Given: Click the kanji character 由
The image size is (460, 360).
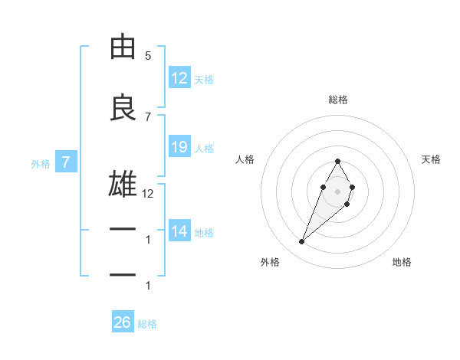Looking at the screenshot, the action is pyautogui.click(x=123, y=47).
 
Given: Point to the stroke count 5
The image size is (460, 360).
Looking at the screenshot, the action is pyautogui.click(x=148, y=56).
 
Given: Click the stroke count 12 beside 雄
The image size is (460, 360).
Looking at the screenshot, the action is pyautogui.click(x=148, y=194).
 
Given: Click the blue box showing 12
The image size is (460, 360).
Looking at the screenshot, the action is pyautogui.click(x=179, y=78).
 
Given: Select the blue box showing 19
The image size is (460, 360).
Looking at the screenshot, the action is pyautogui.click(x=179, y=147).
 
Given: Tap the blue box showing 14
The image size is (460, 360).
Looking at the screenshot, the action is pyautogui.click(x=179, y=232).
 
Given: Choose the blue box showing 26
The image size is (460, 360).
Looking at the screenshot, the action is pyautogui.click(x=123, y=322).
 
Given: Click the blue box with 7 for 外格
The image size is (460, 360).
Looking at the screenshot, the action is pyautogui.click(x=66, y=162).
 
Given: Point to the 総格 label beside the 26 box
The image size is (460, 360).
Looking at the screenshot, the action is pyautogui.click(x=147, y=324).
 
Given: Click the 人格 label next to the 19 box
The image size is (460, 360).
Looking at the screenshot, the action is pyautogui.click(x=205, y=149).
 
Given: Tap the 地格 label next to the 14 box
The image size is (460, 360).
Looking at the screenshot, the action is pyautogui.click(x=205, y=233).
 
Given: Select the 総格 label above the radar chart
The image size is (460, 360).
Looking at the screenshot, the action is pyautogui.click(x=338, y=100).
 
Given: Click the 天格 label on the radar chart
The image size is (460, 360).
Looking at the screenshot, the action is pyautogui.click(x=431, y=159).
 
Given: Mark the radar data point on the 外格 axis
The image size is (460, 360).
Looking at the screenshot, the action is pyautogui.click(x=302, y=242).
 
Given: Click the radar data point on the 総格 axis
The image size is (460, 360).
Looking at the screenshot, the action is pyautogui.click(x=338, y=161).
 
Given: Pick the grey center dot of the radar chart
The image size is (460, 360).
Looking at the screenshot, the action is pyautogui.click(x=338, y=191).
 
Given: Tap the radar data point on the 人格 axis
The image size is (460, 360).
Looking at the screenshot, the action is pyautogui.click(x=323, y=187).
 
